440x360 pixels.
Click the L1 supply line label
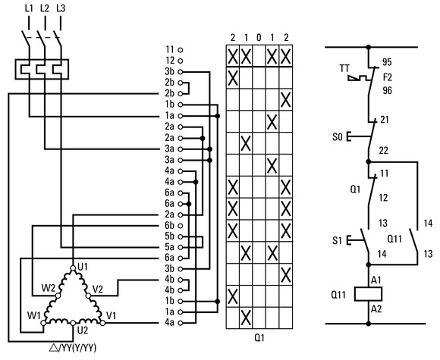click(29, 8)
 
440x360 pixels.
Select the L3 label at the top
click(61, 8)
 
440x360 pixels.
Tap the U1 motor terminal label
click(83, 267)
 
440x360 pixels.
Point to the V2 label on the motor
click(98, 289)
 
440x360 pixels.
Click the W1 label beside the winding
click(33, 316)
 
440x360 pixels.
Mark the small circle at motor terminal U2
click(73, 323)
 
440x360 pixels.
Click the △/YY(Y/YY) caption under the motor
click(73, 348)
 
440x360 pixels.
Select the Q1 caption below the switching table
click(259, 338)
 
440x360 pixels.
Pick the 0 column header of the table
click(259, 38)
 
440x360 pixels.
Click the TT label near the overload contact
click(344, 68)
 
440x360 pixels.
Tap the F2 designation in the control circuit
click(388, 77)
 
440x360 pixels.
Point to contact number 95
click(387, 62)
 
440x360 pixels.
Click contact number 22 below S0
click(384, 151)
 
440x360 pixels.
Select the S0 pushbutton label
click(338, 137)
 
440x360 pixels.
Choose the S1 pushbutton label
click(337, 240)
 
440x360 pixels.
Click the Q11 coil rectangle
click(368, 294)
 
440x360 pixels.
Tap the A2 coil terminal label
click(376, 309)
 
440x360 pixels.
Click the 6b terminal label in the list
click(169, 225)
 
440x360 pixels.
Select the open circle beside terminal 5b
click(181, 236)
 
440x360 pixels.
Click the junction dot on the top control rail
click(369, 47)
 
